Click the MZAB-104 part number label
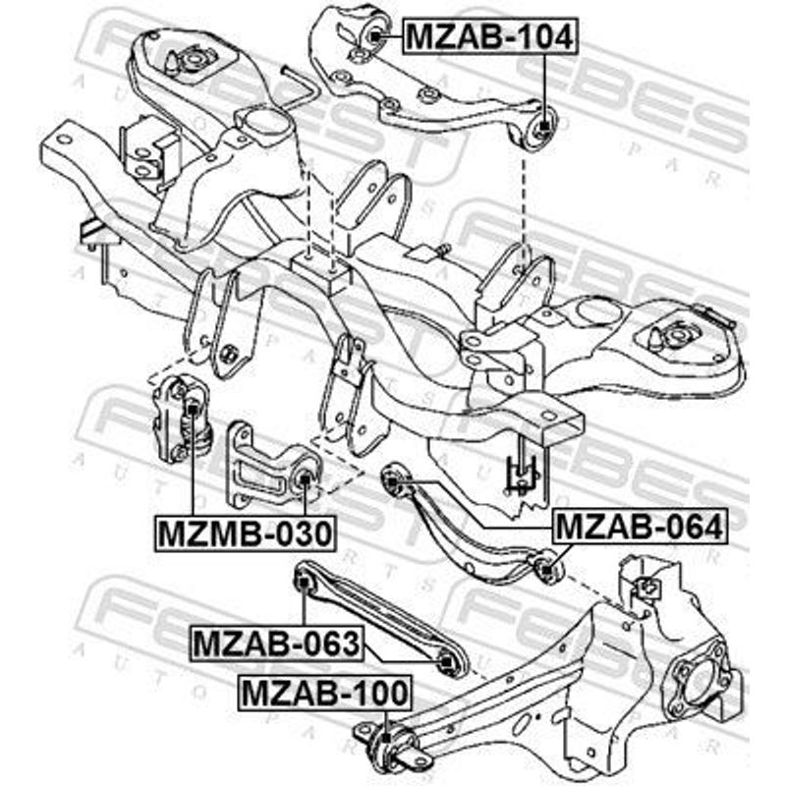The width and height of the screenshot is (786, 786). click(x=490, y=36)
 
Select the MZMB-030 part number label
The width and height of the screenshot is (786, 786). click(x=245, y=533)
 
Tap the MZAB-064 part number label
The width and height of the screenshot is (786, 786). click(x=640, y=526)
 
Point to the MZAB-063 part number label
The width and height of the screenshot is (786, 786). click(x=276, y=644)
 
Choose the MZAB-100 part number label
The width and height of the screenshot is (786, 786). click(x=326, y=693)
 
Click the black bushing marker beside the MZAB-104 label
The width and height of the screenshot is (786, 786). click(x=376, y=35)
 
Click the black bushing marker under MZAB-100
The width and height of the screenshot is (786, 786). click(x=385, y=738)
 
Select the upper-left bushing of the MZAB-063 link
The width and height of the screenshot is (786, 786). click(x=304, y=583)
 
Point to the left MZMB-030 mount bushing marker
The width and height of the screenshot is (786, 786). click(x=192, y=409)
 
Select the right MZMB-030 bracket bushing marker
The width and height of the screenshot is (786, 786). click(x=305, y=479)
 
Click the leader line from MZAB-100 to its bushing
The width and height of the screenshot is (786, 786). click(x=386, y=721)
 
